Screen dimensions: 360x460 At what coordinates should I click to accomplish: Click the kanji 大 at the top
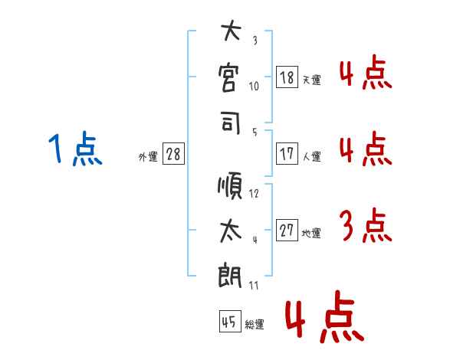click(230, 34)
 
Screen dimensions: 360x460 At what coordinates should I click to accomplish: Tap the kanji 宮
click(230, 77)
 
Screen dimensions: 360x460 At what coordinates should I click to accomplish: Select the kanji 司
click(230, 122)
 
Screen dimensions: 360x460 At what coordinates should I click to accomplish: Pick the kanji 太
click(230, 230)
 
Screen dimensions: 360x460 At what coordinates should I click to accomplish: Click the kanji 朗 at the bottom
click(230, 274)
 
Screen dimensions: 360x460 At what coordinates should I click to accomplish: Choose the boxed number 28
click(173, 154)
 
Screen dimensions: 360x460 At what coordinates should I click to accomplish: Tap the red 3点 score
click(365, 227)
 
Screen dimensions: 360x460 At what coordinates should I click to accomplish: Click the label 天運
click(311, 80)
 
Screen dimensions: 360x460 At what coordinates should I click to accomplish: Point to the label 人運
click(311, 156)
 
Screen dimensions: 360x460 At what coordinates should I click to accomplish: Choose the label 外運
click(147, 156)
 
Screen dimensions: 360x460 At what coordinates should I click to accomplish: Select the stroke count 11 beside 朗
click(255, 285)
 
